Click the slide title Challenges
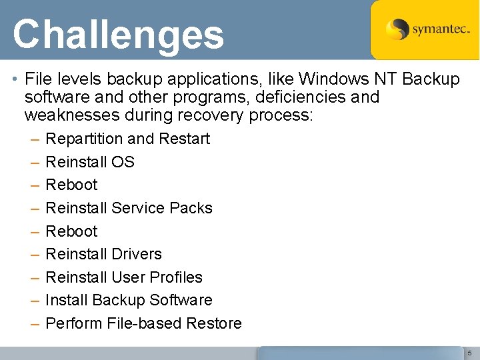click(118, 35)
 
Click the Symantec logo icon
click(398, 29)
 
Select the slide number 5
click(469, 352)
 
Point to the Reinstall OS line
click(90, 162)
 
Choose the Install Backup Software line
click(129, 300)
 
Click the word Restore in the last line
click(214, 323)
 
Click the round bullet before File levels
click(15, 80)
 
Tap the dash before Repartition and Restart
click(34, 139)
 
